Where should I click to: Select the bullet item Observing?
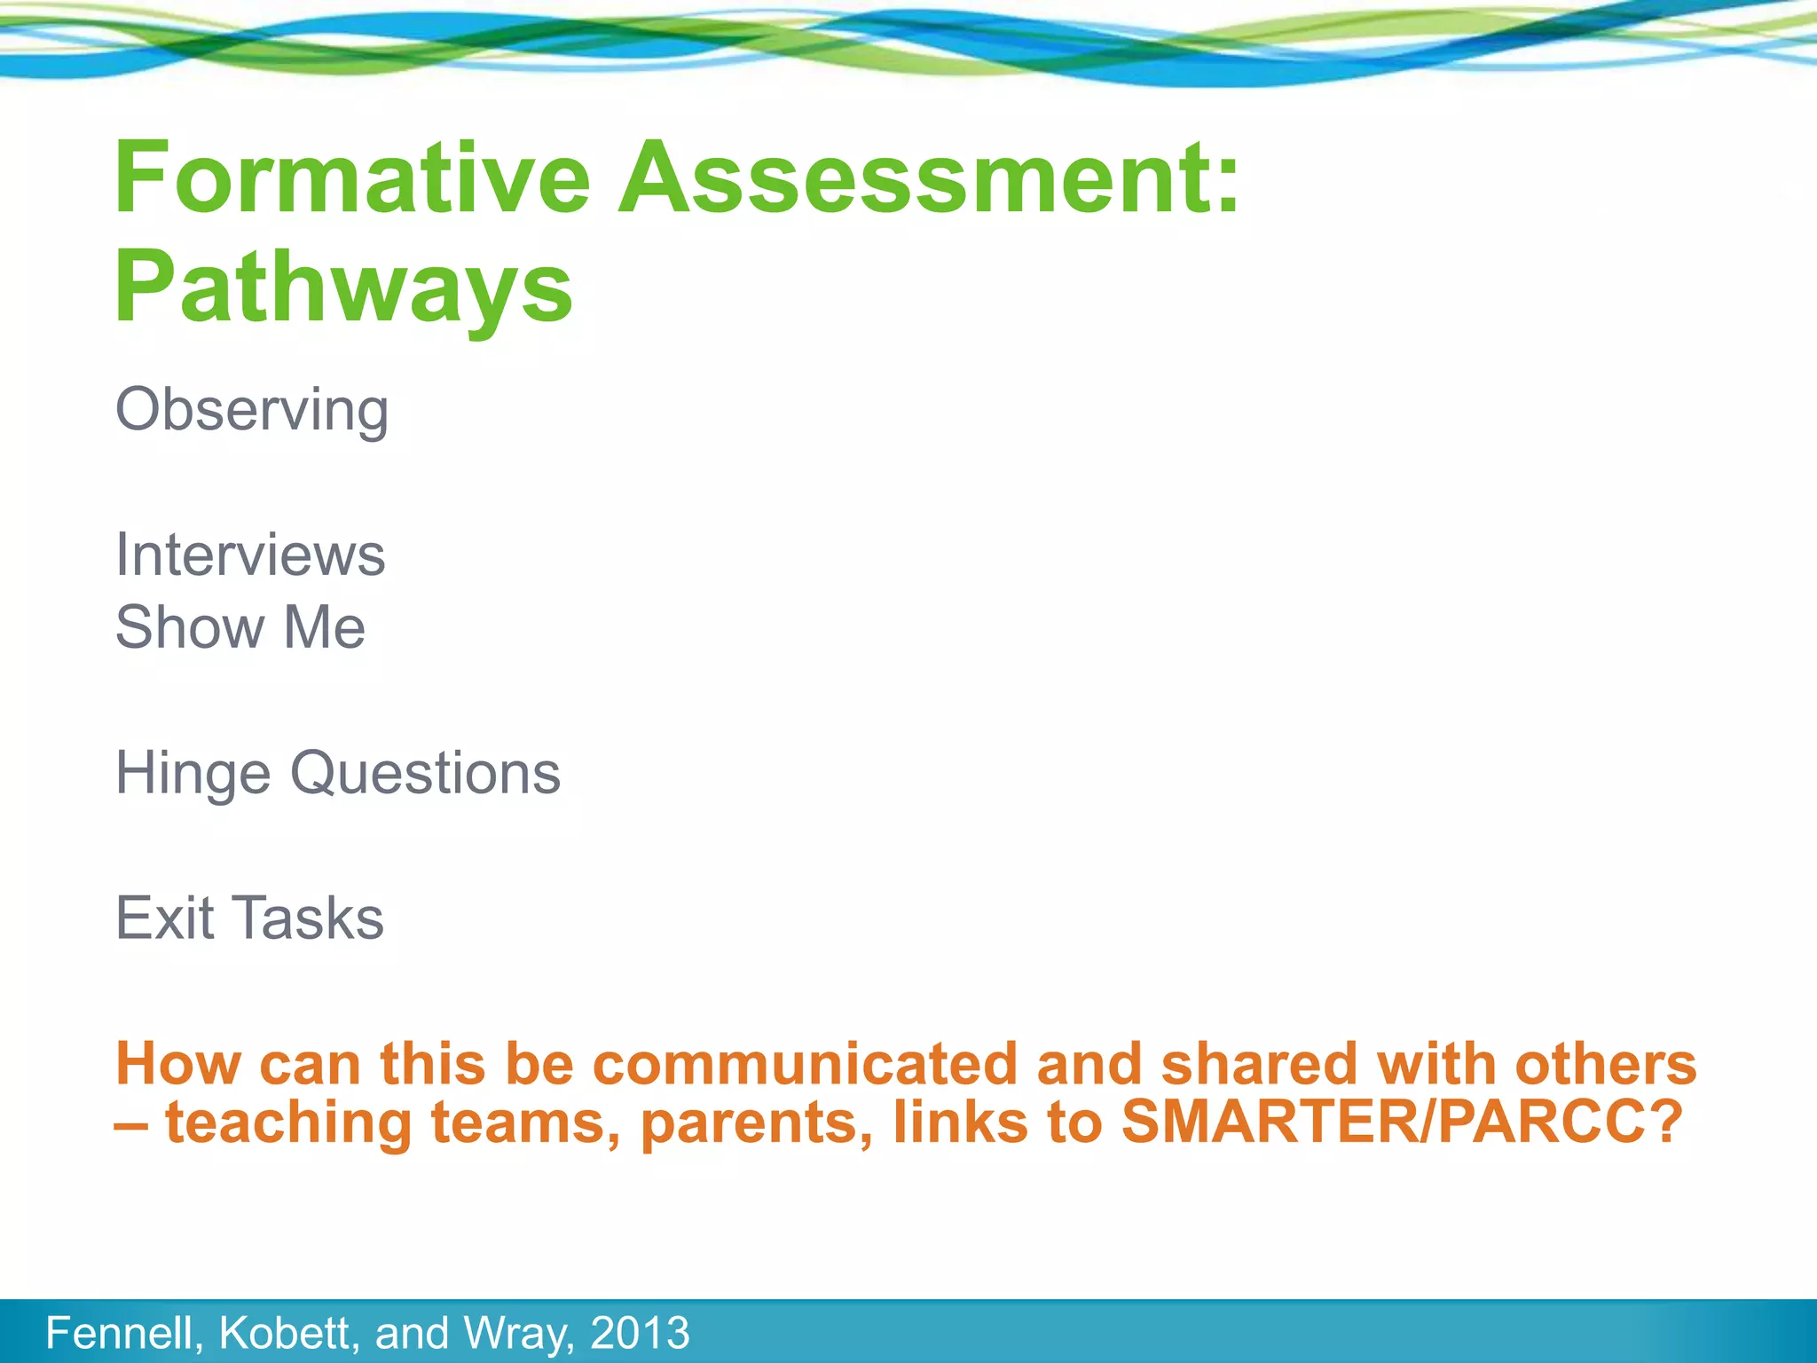coord(252,411)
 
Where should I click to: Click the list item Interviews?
coord(250,555)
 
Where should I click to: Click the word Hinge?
coord(193,774)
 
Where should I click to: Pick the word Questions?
coord(426,774)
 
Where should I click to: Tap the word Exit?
coord(165,918)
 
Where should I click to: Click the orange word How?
coord(177,1063)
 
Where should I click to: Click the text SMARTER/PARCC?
coord(1402,1122)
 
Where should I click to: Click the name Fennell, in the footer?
coord(124,1333)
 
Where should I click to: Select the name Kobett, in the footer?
coord(289,1333)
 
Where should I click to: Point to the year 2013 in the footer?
coord(640,1333)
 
